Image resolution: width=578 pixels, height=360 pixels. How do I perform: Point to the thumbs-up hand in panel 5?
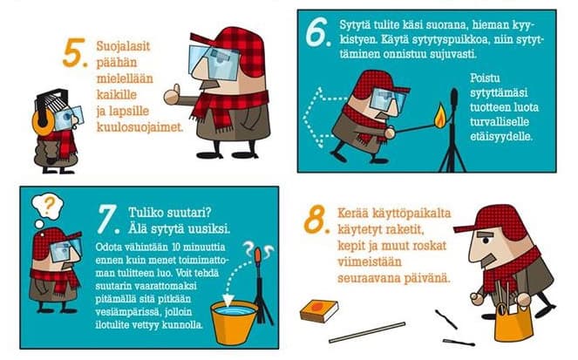(x=172, y=95)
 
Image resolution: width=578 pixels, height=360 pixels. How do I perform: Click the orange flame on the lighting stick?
(x=439, y=116)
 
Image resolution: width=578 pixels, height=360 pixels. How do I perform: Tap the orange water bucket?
(x=234, y=323)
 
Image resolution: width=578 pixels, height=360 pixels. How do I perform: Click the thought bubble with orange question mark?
(x=48, y=207)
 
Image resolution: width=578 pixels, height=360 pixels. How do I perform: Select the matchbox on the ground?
(x=319, y=310)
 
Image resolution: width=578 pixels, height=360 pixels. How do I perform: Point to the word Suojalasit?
(x=123, y=47)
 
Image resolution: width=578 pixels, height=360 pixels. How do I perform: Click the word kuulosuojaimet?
(x=139, y=127)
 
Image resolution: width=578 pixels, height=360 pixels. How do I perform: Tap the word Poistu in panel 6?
(x=485, y=78)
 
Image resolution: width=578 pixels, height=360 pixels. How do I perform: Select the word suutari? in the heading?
(x=188, y=213)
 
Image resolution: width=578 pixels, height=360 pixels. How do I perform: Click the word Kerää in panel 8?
(x=353, y=213)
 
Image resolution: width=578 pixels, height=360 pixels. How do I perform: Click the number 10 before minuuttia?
(x=176, y=247)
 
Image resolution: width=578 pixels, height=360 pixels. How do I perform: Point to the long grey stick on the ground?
(x=367, y=332)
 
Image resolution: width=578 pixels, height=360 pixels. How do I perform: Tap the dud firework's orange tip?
(x=258, y=255)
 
